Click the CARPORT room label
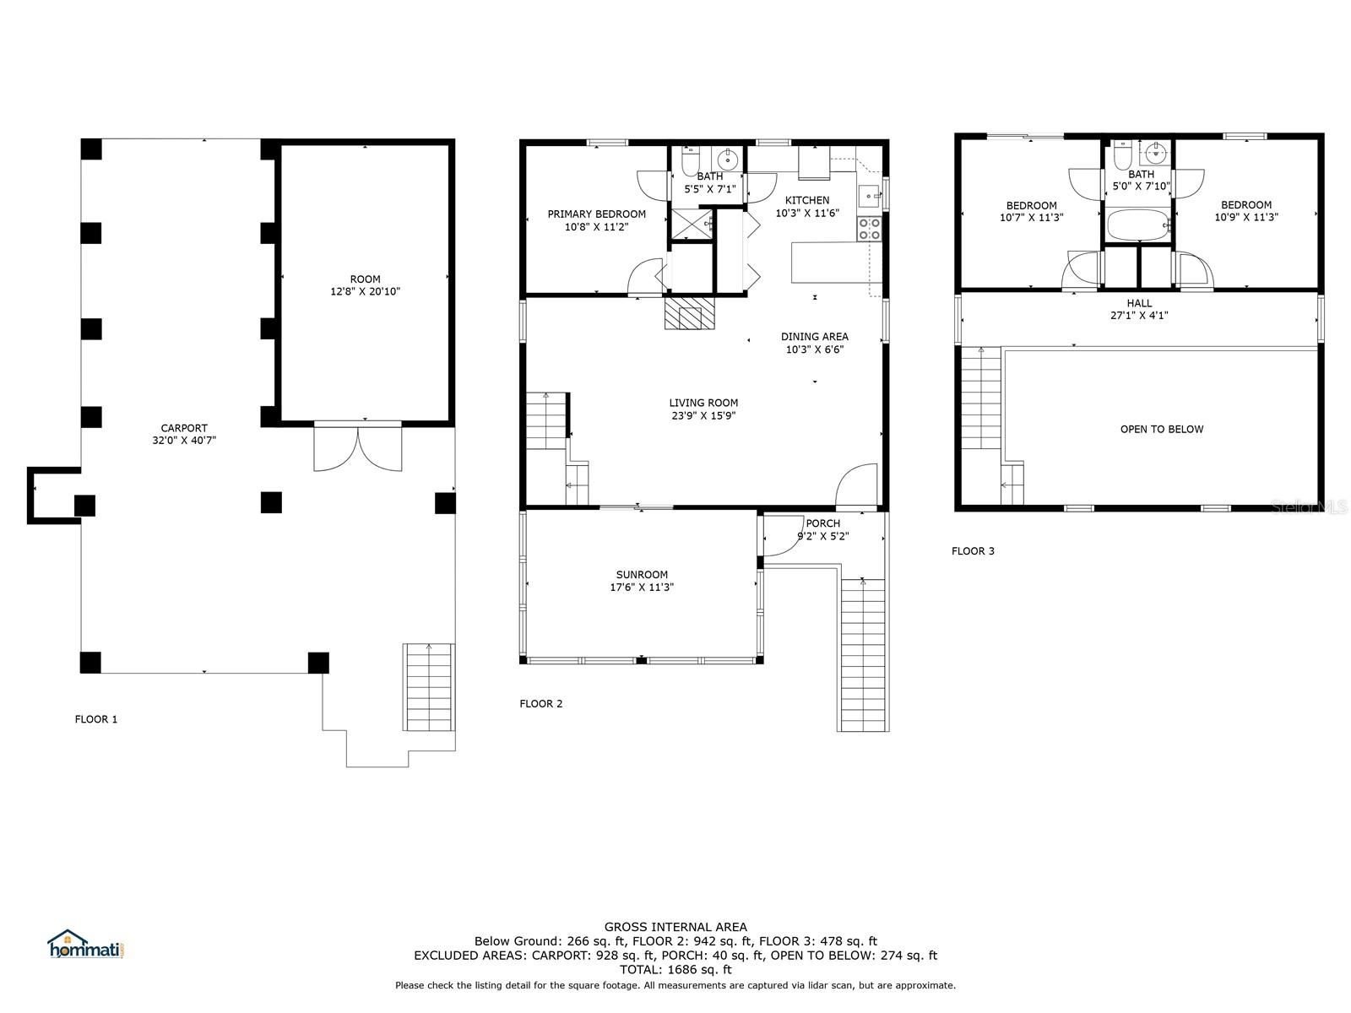coord(184,428)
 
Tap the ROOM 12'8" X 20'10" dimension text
coord(365,291)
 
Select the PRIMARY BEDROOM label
coord(596,214)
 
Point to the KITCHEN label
coord(807,200)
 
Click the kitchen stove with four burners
coord(869,229)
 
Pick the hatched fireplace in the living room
coord(690,313)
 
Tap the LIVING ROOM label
coord(703,403)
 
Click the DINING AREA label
coord(814,337)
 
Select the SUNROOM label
coord(642,575)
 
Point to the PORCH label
coord(823,523)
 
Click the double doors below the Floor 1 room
coord(358,448)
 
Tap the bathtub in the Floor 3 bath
coord(1138,225)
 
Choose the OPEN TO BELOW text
coord(1161,430)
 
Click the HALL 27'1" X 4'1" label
coord(1139,309)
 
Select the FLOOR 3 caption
coord(973,551)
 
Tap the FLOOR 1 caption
coord(96,719)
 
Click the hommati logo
coord(86,944)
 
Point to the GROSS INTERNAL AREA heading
coord(675,927)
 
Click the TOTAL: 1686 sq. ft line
coord(675,970)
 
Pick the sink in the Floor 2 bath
coord(728,160)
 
